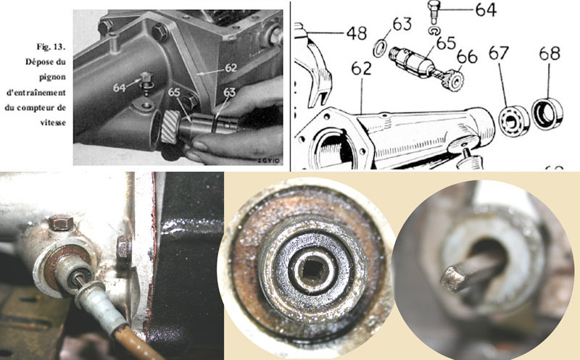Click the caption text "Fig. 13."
[x=51, y=47]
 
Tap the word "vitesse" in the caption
[x=53, y=122]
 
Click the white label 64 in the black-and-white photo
[x=120, y=88]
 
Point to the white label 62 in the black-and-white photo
[x=231, y=67]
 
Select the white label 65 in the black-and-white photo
[x=174, y=92]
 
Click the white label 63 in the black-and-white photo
[x=229, y=93]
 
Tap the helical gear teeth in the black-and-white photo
[x=170, y=127]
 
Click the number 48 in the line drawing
[x=357, y=33]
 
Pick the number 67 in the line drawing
[x=499, y=53]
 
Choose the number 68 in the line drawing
[x=550, y=54]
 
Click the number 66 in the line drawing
[x=467, y=57]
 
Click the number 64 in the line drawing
[x=486, y=10]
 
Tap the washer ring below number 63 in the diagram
[x=380, y=49]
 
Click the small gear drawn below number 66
[x=453, y=80]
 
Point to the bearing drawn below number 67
[x=514, y=120]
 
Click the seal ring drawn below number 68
[x=547, y=114]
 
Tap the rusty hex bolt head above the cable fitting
[x=60, y=222]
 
